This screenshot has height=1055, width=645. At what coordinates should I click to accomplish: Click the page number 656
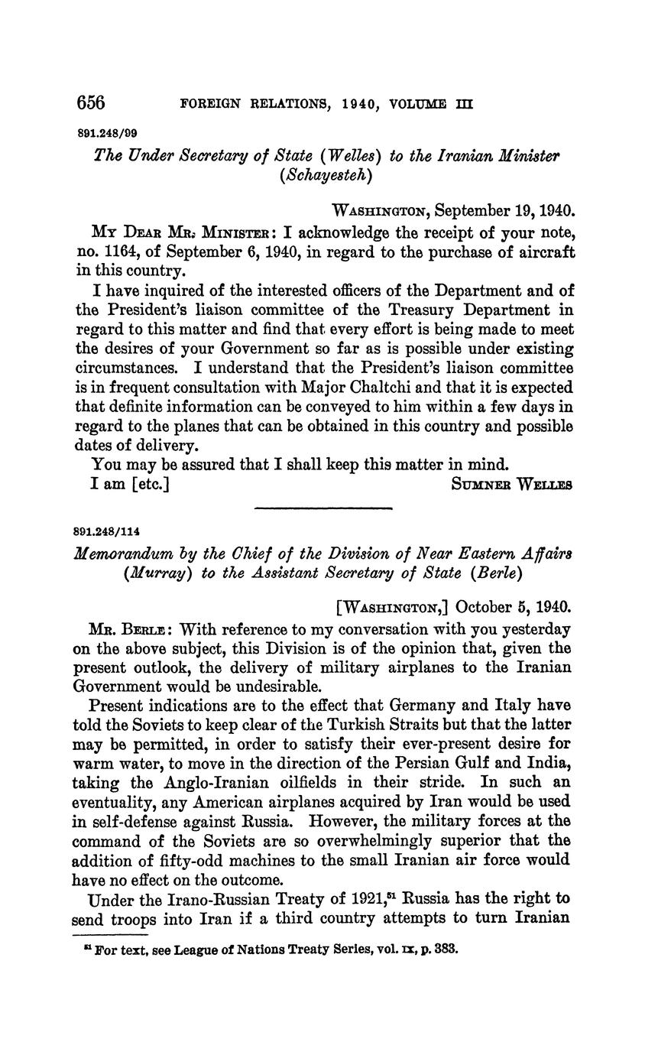pos(90,102)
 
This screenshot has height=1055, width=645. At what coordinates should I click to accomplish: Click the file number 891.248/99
pos(108,132)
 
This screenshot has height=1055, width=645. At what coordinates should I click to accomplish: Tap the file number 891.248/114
pos(111,531)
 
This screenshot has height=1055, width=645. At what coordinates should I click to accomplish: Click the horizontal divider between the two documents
pos(322,508)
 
